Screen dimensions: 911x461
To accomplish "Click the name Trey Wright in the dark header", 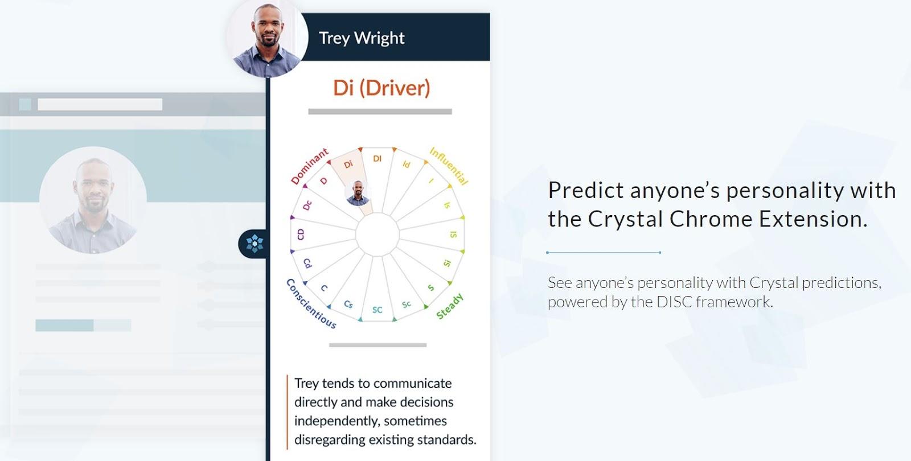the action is coord(362,38).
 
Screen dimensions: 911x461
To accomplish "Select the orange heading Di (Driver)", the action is coord(381,88).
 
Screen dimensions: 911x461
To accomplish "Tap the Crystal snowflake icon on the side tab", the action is coord(255,244).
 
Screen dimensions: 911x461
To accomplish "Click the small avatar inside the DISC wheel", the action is coord(358,193).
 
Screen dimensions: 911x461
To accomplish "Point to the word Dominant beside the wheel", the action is coord(310,166).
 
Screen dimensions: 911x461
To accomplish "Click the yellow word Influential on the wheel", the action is coord(449,166).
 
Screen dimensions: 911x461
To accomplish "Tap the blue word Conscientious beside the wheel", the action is coord(311,304).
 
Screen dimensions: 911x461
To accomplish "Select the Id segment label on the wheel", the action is coord(407,164).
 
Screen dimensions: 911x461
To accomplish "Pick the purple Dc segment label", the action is coord(307,205).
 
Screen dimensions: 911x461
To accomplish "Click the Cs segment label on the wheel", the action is coord(348,304).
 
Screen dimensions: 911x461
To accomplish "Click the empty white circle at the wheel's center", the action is coord(377,234).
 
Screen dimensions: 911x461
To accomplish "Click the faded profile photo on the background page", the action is coord(93,200).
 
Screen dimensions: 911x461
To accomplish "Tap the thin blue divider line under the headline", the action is coord(604,253).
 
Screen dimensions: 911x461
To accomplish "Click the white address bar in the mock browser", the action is coord(100,105).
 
